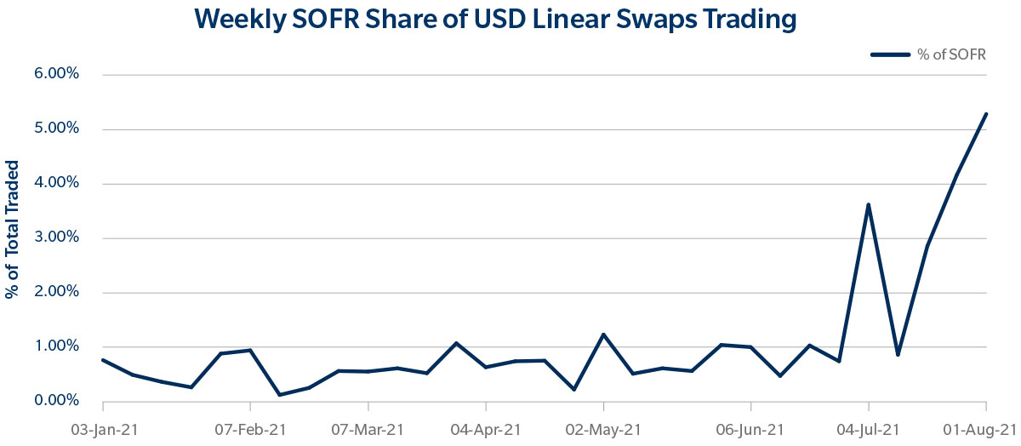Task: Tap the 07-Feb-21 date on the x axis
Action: [x=249, y=430]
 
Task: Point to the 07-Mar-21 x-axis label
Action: [x=367, y=430]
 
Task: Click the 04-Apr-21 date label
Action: [x=485, y=430]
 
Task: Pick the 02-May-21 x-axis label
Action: [x=603, y=430]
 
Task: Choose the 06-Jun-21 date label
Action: [x=750, y=430]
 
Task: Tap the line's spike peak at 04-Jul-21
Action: [x=868, y=204]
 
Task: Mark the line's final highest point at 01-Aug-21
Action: [x=985, y=114]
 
